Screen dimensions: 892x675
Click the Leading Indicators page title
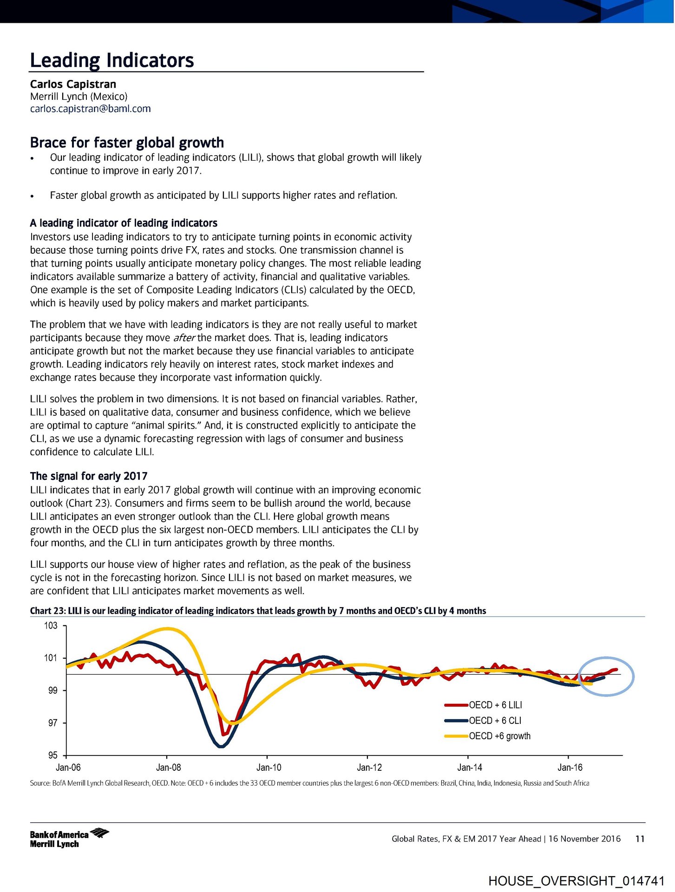point(111,60)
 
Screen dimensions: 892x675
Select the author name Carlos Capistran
point(73,84)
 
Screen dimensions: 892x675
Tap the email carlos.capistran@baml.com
point(90,109)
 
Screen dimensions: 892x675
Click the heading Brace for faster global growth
point(127,142)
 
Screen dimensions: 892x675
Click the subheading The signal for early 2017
point(89,476)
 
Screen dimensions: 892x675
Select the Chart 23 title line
point(258,611)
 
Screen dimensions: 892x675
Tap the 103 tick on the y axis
point(51,626)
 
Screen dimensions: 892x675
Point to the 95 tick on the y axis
point(52,755)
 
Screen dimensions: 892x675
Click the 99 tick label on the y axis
point(52,690)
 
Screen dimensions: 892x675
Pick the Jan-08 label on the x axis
point(169,767)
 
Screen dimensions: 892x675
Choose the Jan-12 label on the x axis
point(369,767)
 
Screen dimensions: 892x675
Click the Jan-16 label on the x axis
point(570,767)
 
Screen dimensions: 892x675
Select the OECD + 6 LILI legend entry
point(495,705)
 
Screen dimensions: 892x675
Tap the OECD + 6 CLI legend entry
point(495,721)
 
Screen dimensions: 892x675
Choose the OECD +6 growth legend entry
point(499,736)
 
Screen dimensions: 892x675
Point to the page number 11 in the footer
point(640,839)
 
